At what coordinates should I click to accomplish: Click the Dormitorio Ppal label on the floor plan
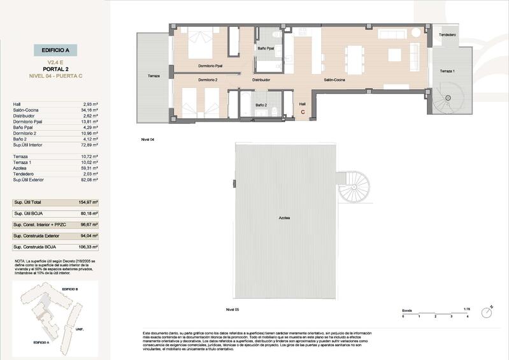[x=209, y=66]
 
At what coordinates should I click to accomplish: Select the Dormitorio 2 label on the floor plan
[x=208, y=80]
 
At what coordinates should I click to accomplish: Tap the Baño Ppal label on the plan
[x=266, y=48]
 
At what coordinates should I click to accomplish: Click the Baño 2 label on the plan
[x=261, y=105]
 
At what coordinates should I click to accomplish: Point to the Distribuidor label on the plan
[x=261, y=80]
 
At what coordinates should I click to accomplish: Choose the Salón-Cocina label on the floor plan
[x=334, y=80]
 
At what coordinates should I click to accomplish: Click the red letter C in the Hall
[x=303, y=112]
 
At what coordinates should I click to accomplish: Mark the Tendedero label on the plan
[x=446, y=34]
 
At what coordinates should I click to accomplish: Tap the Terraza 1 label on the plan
[x=448, y=71]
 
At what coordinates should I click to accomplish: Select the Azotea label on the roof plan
[x=284, y=218]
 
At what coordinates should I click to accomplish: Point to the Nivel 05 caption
[x=232, y=309]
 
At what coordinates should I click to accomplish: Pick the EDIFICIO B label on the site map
[x=69, y=289]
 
